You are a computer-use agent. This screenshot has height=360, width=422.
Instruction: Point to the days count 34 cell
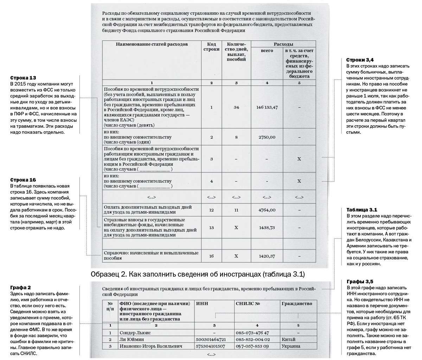point(236,107)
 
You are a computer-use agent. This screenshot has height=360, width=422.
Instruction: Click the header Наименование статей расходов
point(152,44)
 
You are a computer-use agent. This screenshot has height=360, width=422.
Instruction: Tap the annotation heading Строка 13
point(23,77)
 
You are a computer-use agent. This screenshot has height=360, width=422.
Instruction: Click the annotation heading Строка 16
point(23,180)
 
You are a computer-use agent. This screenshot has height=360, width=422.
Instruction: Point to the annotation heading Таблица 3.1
point(359,210)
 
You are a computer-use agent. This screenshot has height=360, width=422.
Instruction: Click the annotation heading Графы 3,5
point(358,282)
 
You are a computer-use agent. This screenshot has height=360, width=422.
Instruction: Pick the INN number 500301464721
point(211,340)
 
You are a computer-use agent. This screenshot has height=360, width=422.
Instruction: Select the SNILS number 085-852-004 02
point(252,340)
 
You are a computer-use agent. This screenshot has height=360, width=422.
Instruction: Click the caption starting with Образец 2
point(197,274)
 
